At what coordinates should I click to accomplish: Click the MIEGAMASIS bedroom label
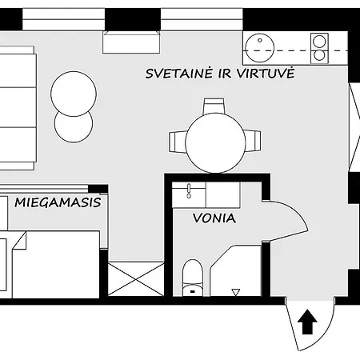pos(58,202)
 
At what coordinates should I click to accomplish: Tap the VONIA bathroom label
pos(214,218)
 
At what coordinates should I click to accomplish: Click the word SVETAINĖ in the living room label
pos(178,73)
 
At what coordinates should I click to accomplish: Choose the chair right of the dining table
pos(254,142)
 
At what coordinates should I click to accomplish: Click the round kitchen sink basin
pos(259,42)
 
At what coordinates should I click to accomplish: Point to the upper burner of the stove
pos(319,40)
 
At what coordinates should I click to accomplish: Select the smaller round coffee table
pos(74,125)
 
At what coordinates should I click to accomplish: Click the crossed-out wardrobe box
pos(136,280)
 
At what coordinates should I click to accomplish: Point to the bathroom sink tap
pos(190,191)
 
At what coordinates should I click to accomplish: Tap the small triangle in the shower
pos(235,290)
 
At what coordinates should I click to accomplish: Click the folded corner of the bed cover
pos(19,241)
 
